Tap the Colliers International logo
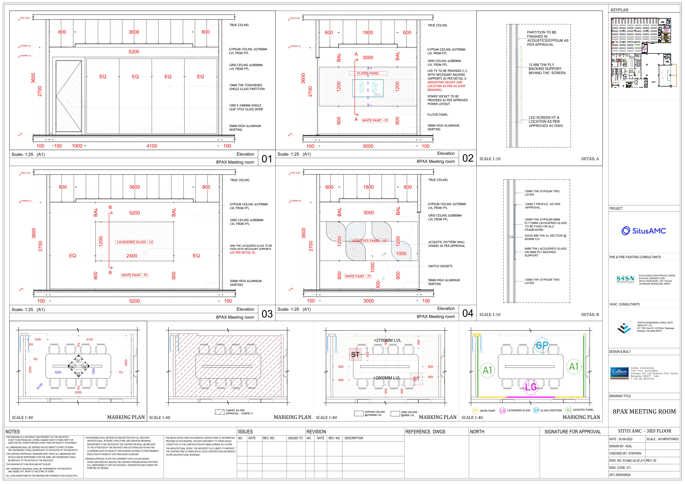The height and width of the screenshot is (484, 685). click(619, 373)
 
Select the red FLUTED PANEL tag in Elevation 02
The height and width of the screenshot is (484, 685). click(368, 73)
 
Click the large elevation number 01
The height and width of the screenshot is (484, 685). click(267, 159)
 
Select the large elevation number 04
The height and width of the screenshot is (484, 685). click(467, 313)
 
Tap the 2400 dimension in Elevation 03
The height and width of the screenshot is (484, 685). click(132, 256)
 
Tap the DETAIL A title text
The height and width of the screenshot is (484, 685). click(590, 159)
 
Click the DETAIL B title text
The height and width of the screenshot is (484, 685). click(590, 315)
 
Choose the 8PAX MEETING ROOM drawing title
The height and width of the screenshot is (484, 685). click(644, 411)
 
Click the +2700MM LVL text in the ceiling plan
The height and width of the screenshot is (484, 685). click(387, 340)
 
